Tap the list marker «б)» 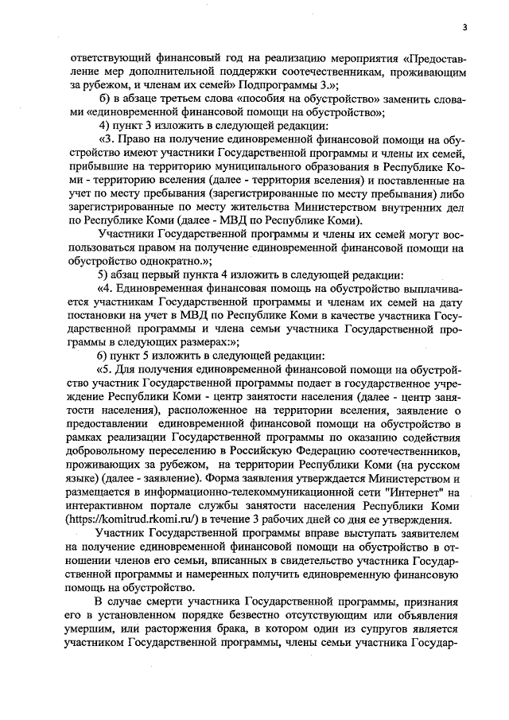pyautogui.click(x=103, y=98)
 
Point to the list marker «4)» pyautogui.click(x=103, y=126)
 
